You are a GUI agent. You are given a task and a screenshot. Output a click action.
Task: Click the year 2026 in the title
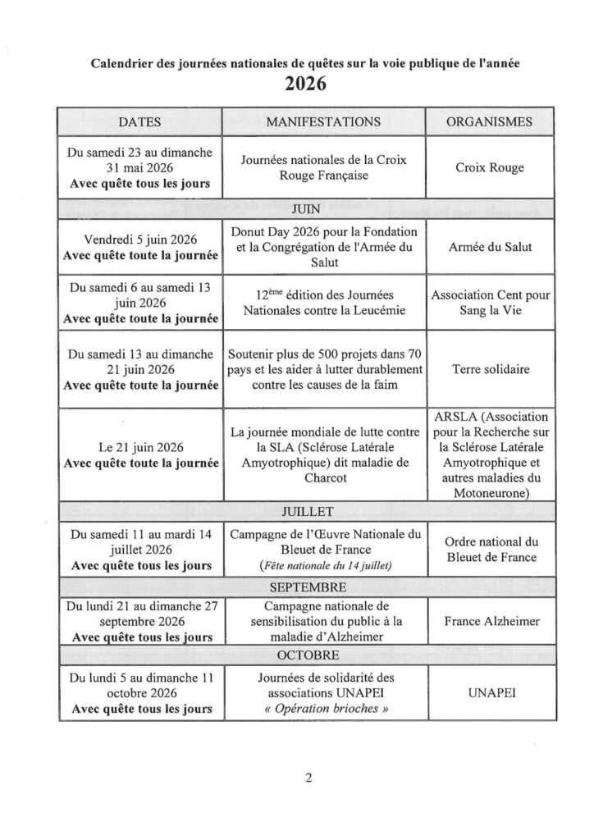click(x=305, y=83)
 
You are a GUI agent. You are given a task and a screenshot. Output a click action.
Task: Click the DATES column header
click(x=139, y=121)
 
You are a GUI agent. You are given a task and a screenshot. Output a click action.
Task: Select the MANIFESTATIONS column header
click(x=323, y=121)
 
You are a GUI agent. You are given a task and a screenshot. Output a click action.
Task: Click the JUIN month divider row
click(x=304, y=210)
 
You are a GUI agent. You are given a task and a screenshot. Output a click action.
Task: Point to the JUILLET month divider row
click(x=304, y=513)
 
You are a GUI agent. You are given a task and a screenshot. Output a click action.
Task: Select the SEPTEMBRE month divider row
click(x=304, y=587)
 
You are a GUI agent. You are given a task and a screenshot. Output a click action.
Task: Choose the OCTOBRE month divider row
click(x=304, y=655)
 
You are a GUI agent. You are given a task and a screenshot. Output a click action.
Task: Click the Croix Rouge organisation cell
click(x=489, y=167)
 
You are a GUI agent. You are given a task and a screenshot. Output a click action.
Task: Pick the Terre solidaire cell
click(x=491, y=369)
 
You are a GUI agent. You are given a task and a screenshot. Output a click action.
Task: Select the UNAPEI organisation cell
click(x=491, y=693)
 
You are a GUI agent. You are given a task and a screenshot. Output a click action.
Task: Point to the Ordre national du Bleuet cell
click(x=491, y=550)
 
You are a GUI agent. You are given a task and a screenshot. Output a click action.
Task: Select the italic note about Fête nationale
click(x=322, y=566)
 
